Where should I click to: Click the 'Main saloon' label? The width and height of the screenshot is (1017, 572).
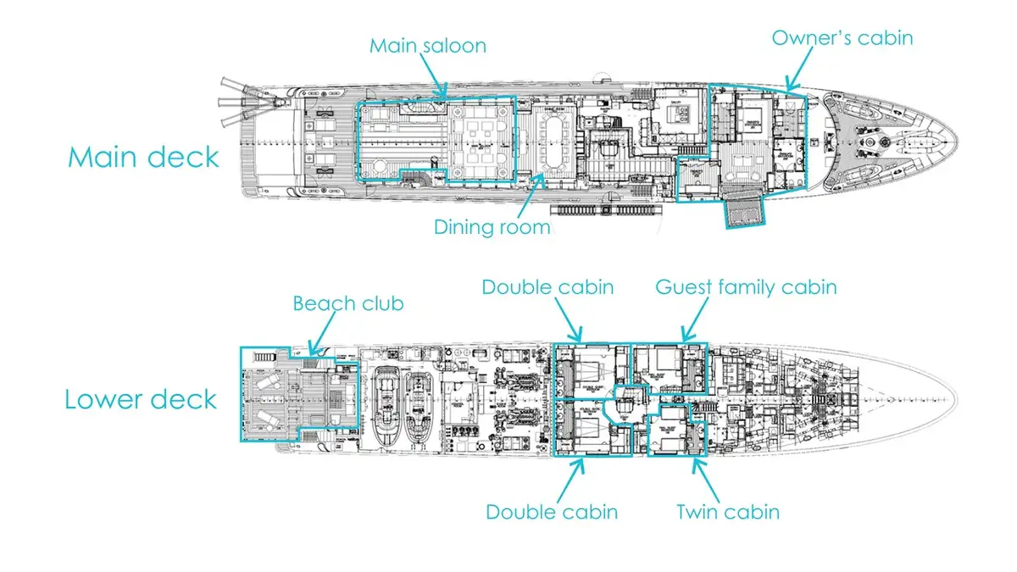click(x=427, y=45)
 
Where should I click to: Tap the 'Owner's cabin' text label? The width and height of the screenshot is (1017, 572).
click(x=842, y=37)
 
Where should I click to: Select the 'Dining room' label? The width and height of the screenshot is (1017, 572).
click(x=492, y=226)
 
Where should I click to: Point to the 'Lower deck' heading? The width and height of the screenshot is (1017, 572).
click(x=141, y=398)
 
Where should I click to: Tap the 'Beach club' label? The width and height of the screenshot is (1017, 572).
click(x=347, y=303)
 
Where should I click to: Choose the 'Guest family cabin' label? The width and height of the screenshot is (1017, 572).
click(x=746, y=287)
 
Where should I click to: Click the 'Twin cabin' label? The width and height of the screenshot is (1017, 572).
click(x=727, y=511)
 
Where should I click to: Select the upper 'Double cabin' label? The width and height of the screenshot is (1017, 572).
click(x=547, y=287)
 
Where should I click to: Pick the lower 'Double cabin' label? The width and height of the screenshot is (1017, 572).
click(x=551, y=511)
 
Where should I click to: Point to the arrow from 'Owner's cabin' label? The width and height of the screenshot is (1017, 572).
click(x=797, y=71)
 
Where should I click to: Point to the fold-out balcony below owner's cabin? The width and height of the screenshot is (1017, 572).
click(x=743, y=213)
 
